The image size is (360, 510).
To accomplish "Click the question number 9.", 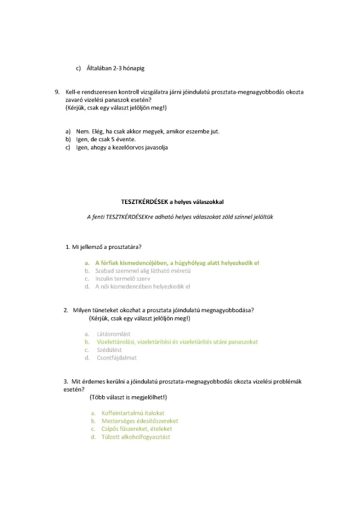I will coord(58,92).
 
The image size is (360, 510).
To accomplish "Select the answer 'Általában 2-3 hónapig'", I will coord(116,68).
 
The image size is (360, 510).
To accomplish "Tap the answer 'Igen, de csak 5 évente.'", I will coord(106,139).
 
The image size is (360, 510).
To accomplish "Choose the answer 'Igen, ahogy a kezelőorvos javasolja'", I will coord(122,147).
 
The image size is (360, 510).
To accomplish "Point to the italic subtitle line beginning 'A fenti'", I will coord(180,217).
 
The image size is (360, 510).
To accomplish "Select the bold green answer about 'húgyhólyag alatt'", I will coord(177,263).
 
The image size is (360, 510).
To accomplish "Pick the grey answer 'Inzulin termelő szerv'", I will coord(123,279).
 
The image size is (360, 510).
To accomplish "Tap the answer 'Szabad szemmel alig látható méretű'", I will coord(142,271).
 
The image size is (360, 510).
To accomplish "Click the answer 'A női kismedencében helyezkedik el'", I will coord(142,286).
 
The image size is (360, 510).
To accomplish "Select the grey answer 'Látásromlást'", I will coord(114,334).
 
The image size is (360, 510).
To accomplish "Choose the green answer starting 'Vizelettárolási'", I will coord(177,341).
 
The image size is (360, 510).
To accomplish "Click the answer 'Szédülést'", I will coord(109,349).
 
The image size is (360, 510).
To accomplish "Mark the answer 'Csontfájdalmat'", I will coord(117,357).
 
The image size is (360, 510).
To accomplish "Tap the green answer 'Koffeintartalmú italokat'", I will coord(133,413).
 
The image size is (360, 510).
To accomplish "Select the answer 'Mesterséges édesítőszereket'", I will coord(140,421).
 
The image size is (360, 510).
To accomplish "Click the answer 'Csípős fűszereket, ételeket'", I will coord(137,429).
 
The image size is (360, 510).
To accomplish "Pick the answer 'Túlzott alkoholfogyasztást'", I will coord(136,437).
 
